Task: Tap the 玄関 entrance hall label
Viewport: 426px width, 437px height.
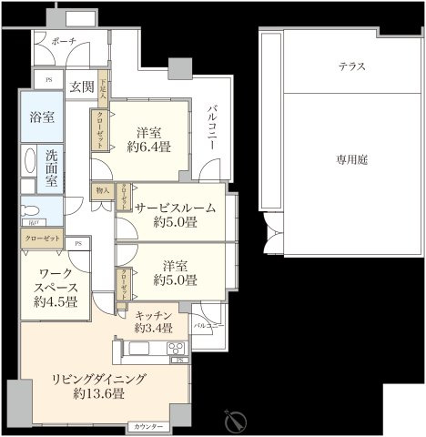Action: click(x=81, y=87)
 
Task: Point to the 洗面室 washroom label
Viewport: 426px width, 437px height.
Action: click(x=52, y=168)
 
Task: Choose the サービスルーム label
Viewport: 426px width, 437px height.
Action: click(x=176, y=208)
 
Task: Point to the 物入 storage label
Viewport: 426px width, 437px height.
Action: click(x=102, y=191)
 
